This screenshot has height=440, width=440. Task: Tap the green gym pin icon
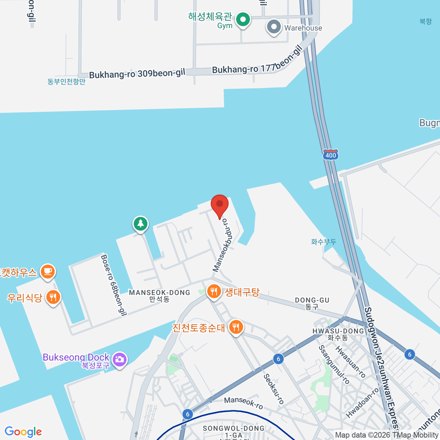tap(242, 19)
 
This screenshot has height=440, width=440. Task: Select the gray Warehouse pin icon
tap(274, 27)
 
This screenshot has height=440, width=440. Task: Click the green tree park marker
tap(140, 223)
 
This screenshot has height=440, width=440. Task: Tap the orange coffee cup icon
tap(48, 272)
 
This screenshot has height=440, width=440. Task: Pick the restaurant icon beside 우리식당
tap(53, 297)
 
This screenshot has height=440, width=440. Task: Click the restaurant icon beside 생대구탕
tap(214, 292)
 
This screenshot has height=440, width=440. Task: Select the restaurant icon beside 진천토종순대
tap(236, 327)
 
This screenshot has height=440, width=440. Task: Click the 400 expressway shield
tap(330, 155)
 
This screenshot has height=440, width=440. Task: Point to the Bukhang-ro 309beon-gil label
tap(137, 74)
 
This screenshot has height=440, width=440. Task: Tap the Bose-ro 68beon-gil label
tap(113, 285)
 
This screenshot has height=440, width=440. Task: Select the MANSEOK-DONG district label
tap(159, 293)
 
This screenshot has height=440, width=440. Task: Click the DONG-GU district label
tap(312, 300)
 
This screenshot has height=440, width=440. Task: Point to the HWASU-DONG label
tap(338, 331)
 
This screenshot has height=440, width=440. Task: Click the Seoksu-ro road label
tap(274, 389)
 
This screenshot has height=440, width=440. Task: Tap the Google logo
tap(23, 432)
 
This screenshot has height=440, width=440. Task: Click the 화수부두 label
tap(323, 242)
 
